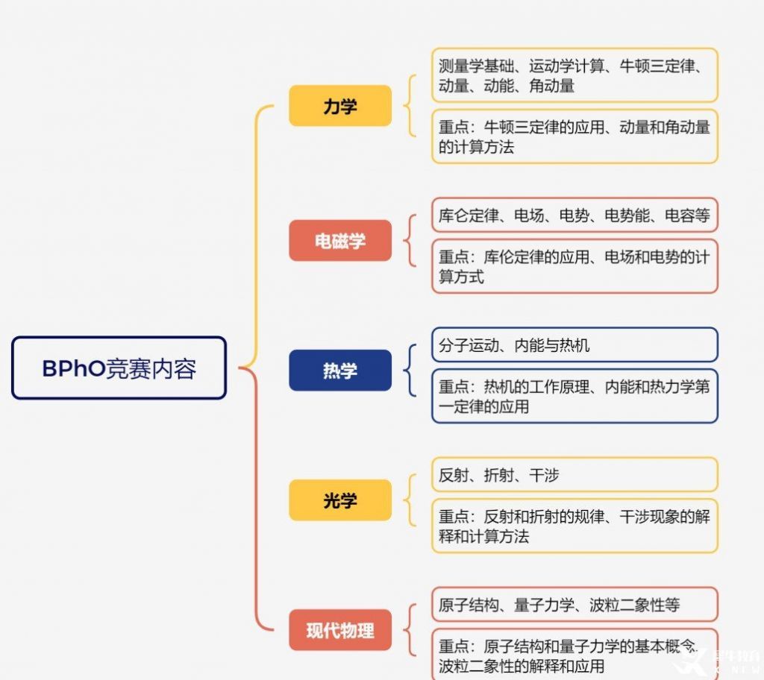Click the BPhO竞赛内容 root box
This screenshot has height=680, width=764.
(x=119, y=368)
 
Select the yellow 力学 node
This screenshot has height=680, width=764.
(x=340, y=106)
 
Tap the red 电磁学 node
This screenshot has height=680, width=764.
(x=340, y=241)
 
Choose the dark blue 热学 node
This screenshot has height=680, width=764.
(x=340, y=371)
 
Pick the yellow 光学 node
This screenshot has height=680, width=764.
(x=340, y=500)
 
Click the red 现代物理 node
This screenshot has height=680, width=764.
(x=340, y=630)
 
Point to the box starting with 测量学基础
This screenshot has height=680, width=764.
(x=574, y=75)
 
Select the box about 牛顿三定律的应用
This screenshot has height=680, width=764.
(x=574, y=136)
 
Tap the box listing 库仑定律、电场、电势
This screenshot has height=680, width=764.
(x=574, y=215)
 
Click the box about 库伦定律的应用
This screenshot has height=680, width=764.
(x=574, y=266)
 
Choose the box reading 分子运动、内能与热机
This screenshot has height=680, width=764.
(x=574, y=345)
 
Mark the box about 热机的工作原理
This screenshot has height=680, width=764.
(x=574, y=396)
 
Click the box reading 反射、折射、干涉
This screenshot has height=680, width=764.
(x=574, y=474)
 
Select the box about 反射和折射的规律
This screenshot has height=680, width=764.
(x=574, y=526)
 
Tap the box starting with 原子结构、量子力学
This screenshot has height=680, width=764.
(x=574, y=605)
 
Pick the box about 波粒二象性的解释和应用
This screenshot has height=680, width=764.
(x=574, y=655)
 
